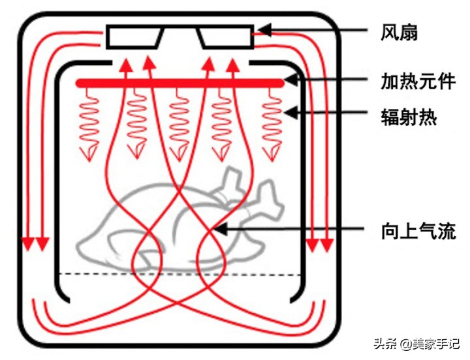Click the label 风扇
[x=399, y=32]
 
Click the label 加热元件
[x=418, y=82]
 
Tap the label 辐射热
[x=409, y=118]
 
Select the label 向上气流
[x=418, y=230]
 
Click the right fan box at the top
[x=226, y=37]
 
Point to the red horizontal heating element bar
[x=180, y=83]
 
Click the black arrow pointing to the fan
[x=313, y=30]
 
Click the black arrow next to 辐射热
[x=326, y=113]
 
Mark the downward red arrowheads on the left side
[x=35, y=245]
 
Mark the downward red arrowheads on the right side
[x=319, y=245]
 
